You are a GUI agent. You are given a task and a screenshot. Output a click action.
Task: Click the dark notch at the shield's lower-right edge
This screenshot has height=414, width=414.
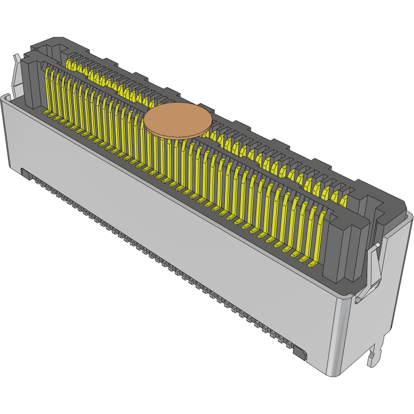pyautogui.click(x=300, y=353)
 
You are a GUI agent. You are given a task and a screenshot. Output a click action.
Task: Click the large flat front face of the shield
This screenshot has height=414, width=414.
pyautogui.click(x=159, y=223)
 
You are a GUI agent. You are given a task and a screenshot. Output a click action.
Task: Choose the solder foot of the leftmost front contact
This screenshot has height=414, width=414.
pyautogui.click(x=46, y=114)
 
